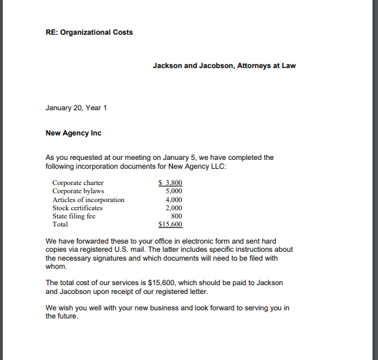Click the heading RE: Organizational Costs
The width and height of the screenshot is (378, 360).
click(x=89, y=32)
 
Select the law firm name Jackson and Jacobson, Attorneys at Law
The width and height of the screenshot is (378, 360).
click(x=224, y=66)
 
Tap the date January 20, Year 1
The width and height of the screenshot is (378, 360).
click(x=76, y=108)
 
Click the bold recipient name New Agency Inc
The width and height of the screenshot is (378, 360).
click(x=73, y=133)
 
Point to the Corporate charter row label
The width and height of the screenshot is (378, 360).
click(x=78, y=183)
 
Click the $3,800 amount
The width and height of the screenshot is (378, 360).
click(x=170, y=183)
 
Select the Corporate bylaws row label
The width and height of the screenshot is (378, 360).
click(x=77, y=191)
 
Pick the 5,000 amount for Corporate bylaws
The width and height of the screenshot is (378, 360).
click(x=174, y=191)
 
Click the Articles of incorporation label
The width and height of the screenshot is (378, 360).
click(x=89, y=200)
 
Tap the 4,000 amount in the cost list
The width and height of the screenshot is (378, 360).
click(x=174, y=200)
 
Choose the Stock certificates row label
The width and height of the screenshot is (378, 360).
click(x=78, y=208)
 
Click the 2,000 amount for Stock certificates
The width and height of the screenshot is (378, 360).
click(x=174, y=208)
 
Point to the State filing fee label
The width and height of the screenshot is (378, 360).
click(x=74, y=216)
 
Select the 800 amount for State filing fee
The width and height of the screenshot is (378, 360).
click(x=176, y=216)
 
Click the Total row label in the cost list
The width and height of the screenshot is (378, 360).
click(x=60, y=225)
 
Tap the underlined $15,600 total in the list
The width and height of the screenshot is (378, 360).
click(x=170, y=225)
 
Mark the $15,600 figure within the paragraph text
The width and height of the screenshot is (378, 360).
click(x=161, y=282)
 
